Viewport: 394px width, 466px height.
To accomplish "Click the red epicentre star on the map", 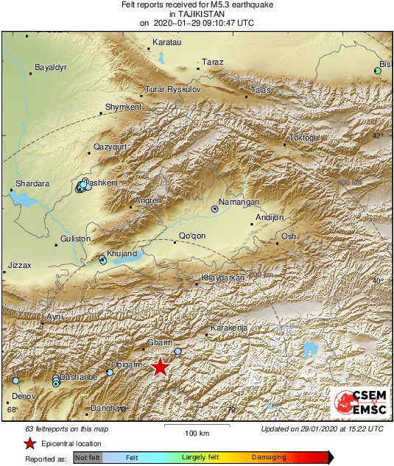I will click(160, 367).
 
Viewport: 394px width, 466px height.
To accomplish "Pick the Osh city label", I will click(289, 236).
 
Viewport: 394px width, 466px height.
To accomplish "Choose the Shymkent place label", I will click(123, 107).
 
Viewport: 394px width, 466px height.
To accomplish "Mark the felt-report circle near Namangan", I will click(215, 209).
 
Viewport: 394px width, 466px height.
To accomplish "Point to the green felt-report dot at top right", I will click(377, 71).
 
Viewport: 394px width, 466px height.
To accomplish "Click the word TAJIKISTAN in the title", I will click(197, 14).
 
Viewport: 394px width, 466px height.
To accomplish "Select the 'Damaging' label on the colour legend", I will click(269, 457).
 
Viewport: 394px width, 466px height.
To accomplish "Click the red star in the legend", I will click(29, 443).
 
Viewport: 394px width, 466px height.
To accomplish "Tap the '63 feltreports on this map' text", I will click(66, 428).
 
